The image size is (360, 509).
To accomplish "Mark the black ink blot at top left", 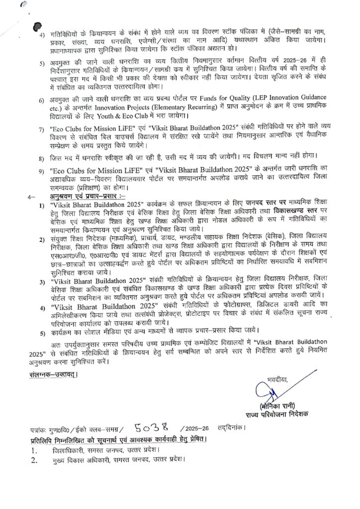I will pyautogui.click(x=35, y=28).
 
